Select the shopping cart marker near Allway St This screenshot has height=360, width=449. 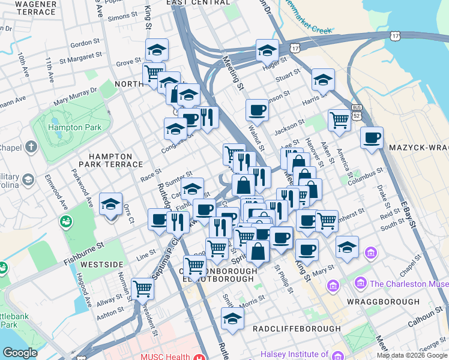[x=143, y=289]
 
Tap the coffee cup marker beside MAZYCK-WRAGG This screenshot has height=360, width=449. [x=372, y=137]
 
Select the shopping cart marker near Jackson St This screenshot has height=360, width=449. [x=339, y=120]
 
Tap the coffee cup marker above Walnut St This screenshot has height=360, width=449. [x=257, y=110]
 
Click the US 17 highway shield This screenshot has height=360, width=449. [x=294, y=46]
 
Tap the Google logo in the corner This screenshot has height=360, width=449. [x=20, y=352]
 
